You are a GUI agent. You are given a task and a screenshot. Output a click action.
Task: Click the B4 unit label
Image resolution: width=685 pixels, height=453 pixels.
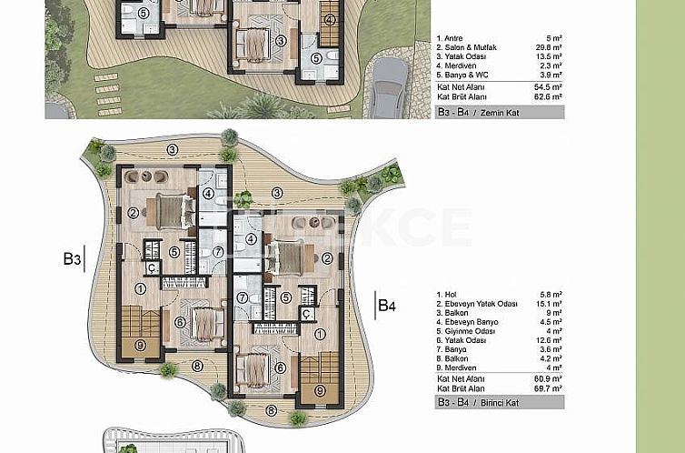click(387, 304)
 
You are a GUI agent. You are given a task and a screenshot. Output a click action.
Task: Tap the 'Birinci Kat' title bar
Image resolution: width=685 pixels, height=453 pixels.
click(499, 399)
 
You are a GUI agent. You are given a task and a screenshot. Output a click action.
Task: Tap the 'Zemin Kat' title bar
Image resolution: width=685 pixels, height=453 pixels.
click(499, 113)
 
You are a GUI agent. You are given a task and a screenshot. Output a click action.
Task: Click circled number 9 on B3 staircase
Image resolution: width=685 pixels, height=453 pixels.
click(140, 345)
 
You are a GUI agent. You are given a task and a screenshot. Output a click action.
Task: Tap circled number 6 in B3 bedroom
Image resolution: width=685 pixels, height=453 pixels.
click(180, 321)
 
